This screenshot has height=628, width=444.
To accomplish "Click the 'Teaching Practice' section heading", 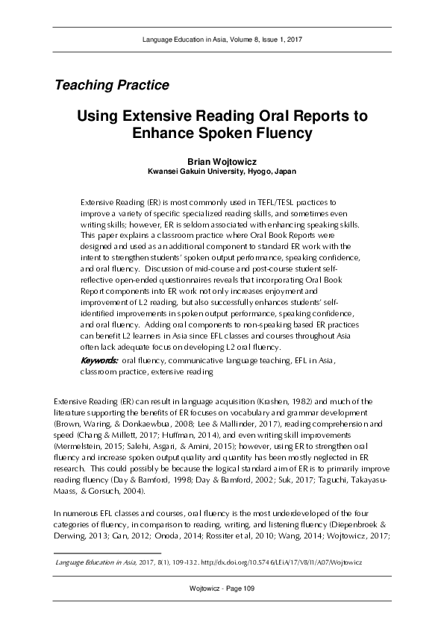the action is click(x=111, y=85).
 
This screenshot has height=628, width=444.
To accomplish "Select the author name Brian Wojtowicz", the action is click(x=222, y=160).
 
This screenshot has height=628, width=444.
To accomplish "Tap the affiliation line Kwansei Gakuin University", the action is click(x=222, y=171).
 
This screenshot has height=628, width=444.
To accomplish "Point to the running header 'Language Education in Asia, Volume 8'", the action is click(x=222, y=38).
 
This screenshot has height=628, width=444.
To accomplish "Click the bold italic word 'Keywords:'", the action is click(x=99, y=361).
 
